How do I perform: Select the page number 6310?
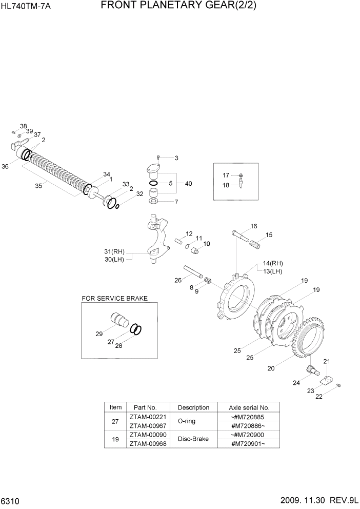pos(10,500)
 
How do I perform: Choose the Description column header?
pos(193,407)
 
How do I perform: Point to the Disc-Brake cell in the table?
pos(193,439)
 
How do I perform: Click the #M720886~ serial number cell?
pos(248,425)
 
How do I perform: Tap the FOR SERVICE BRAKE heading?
pos(114,298)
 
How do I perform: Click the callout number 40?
pos(189,183)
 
